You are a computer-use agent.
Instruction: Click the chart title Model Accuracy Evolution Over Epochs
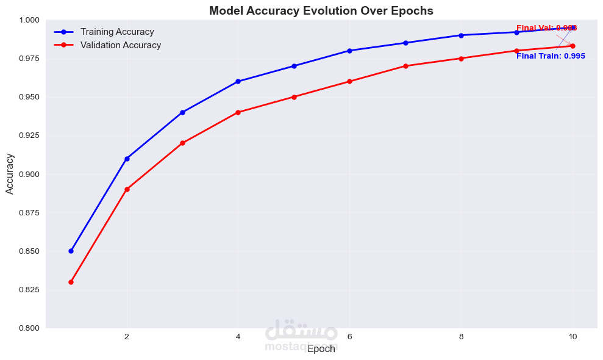[321, 10]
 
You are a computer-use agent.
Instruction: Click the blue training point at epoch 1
[71, 251]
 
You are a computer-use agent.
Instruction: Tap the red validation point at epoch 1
[71, 282]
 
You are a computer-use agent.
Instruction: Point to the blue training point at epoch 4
[238, 81]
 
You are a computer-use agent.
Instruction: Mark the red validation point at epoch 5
[294, 96]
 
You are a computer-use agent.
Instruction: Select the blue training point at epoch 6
[349, 51]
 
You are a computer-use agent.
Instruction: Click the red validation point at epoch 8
[461, 59]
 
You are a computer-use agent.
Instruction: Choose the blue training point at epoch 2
[127, 159]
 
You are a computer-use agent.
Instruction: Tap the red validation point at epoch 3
[182, 143]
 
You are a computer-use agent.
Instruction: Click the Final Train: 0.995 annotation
[551, 56]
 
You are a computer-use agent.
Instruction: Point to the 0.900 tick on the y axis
[29, 174]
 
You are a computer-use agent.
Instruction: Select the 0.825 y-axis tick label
[29, 289]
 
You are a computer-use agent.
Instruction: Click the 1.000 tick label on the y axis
[29, 20]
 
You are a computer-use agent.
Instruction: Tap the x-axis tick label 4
[238, 336]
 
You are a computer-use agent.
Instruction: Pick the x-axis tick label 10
[573, 336]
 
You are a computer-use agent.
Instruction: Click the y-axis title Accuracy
[10, 174]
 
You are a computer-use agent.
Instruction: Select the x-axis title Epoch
[321, 349]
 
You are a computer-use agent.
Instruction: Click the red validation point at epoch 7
[405, 66]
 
